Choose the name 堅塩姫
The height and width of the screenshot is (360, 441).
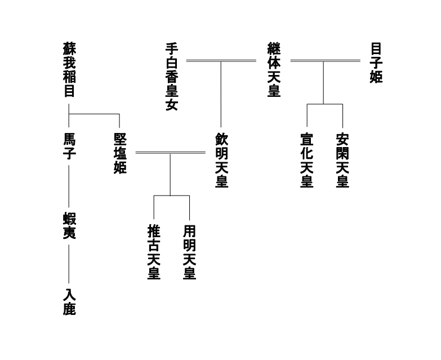coord(120,153)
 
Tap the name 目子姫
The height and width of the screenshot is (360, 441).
coord(376,62)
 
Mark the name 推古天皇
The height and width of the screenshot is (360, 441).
coord(154,252)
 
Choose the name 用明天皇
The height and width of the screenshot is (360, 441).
coord(189,252)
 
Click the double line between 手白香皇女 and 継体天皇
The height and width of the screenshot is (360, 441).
coord(221,60)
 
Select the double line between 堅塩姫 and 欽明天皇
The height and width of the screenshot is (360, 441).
coord(170,153)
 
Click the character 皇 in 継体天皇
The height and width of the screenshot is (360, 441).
coord(274,90)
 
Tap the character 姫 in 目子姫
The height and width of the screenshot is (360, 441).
coord(376,77)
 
